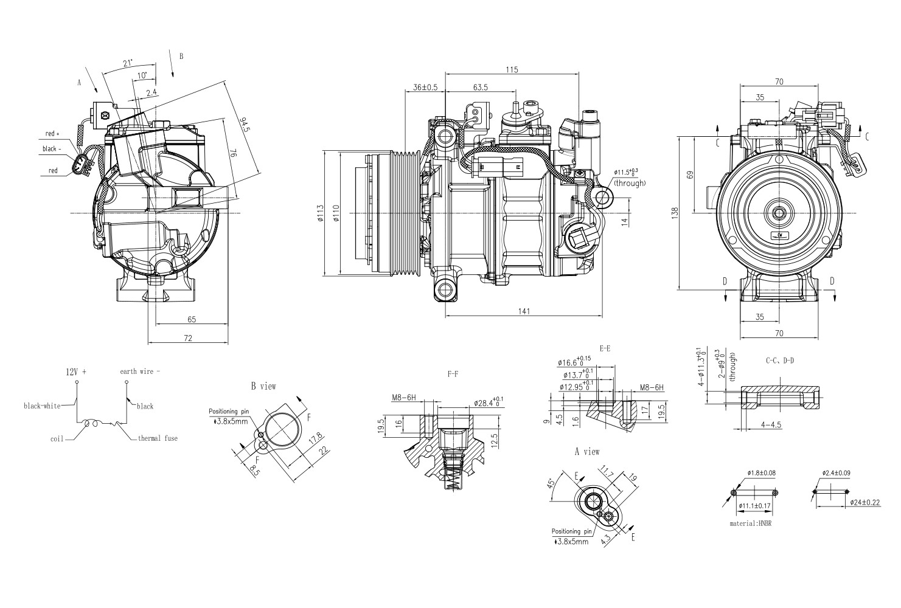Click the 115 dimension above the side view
pyautogui.click(x=512, y=70)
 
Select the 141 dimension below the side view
pyautogui.click(x=524, y=311)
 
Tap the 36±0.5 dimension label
pyautogui.click(x=425, y=88)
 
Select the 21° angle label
pyautogui.click(x=127, y=63)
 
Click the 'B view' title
pyautogui.click(x=263, y=386)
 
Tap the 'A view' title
pyautogui.click(x=587, y=452)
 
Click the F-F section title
pyautogui.click(x=452, y=375)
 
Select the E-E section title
pyautogui.click(x=605, y=348)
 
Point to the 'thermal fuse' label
pyautogui.click(x=158, y=438)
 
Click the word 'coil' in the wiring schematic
pyautogui.click(x=57, y=438)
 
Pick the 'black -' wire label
pyautogui.click(x=50, y=149)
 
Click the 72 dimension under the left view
pyautogui.click(x=188, y=338)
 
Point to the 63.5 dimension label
pyautogui.click(x=481, y=88)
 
